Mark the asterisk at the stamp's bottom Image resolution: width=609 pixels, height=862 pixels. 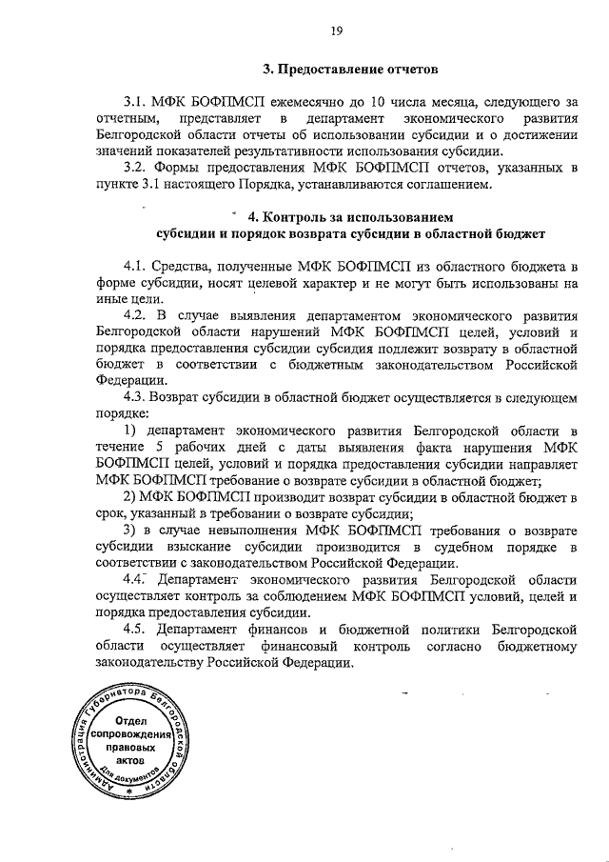tap(130, 793)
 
